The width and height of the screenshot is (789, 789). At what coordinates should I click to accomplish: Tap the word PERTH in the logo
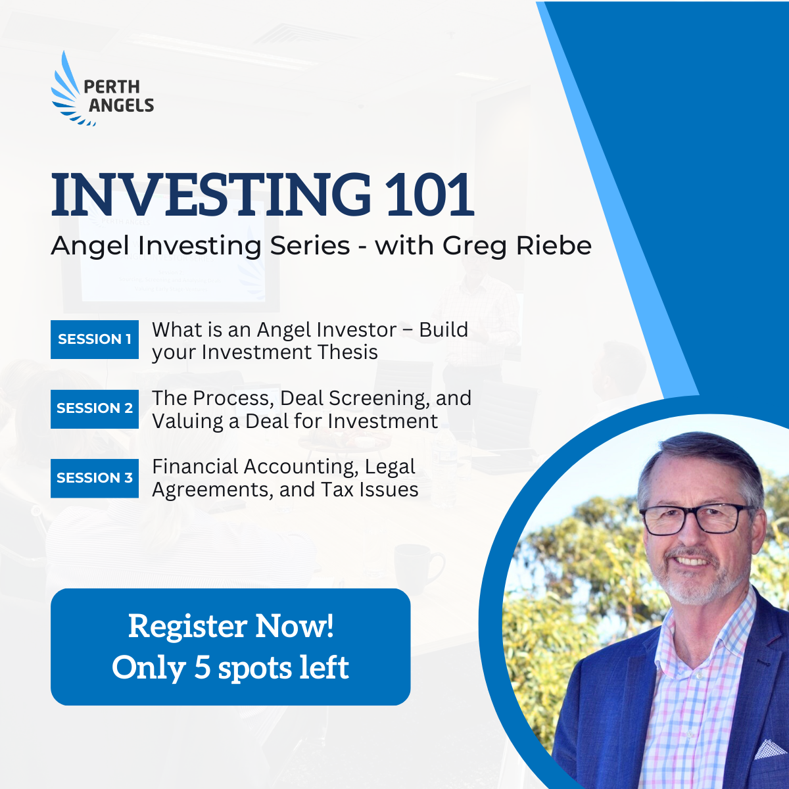pyautogui.click(x=112, y=87)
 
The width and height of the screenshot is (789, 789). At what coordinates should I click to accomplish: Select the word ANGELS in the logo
pyautogui.click(x=121, y=106)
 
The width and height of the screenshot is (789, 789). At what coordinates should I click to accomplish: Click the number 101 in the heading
pyautogui.click(x=430, y=194)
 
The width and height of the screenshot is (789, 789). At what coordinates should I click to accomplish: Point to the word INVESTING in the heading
pyautogui.click(x=211, y=194)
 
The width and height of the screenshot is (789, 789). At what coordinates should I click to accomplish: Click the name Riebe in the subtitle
pyautogui.click(x=554, y=246)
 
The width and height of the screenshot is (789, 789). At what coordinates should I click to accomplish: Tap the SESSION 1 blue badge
pyautogui.click(x=95, y=339)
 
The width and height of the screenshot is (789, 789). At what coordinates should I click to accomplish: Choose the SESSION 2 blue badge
pyautogui.click(x=95, y=409)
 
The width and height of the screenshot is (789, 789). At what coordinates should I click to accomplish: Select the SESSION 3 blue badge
pyautogui.click(x=95, y=478)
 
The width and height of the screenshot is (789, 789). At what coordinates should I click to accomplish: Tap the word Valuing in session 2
pyautogui.click(x=187, y=421)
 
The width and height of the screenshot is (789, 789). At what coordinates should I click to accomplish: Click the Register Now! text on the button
pyautogui.click(x=231, y=627)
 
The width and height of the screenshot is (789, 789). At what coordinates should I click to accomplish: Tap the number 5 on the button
pyautogui.click(x=203, y=668)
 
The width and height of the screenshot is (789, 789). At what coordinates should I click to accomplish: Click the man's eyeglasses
pyautogui.click(x=696, y=520)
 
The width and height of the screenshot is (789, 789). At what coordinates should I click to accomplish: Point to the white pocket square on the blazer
pyautogui.click(x=770, y=750)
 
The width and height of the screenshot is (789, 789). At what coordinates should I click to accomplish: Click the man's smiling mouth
pyautogui.click(x=692, y=561)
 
